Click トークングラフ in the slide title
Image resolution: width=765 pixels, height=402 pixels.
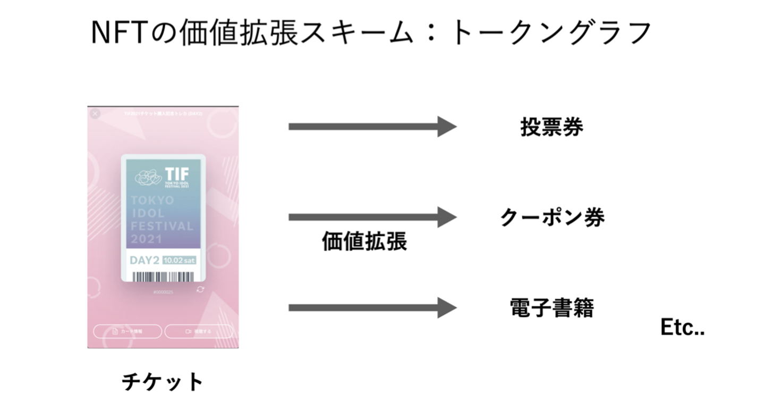(550, 33)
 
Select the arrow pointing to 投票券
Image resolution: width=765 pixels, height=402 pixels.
(372, 127)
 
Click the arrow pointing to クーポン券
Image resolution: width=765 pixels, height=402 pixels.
(372, 217)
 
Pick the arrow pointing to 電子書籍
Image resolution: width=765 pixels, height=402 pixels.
(372, 308)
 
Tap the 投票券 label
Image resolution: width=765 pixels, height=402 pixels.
(551, 127)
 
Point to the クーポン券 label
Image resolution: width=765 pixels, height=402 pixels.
(552, 217)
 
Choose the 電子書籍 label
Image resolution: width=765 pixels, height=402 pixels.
(551, 308)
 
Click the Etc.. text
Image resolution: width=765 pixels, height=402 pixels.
(682, 328)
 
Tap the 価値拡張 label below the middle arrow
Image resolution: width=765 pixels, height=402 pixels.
(364, 241)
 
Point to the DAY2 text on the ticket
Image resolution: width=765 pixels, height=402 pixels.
(144, 261)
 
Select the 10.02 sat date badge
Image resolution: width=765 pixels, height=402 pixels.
(180, 261)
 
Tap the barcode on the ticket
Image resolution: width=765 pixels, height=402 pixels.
(163, 277)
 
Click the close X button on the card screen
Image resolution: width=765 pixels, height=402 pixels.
(95, 114)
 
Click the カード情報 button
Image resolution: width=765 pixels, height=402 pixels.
(127, 331)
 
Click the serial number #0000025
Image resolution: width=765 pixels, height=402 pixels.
(163, 292)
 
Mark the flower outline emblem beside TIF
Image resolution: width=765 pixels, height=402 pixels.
(148, 178)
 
